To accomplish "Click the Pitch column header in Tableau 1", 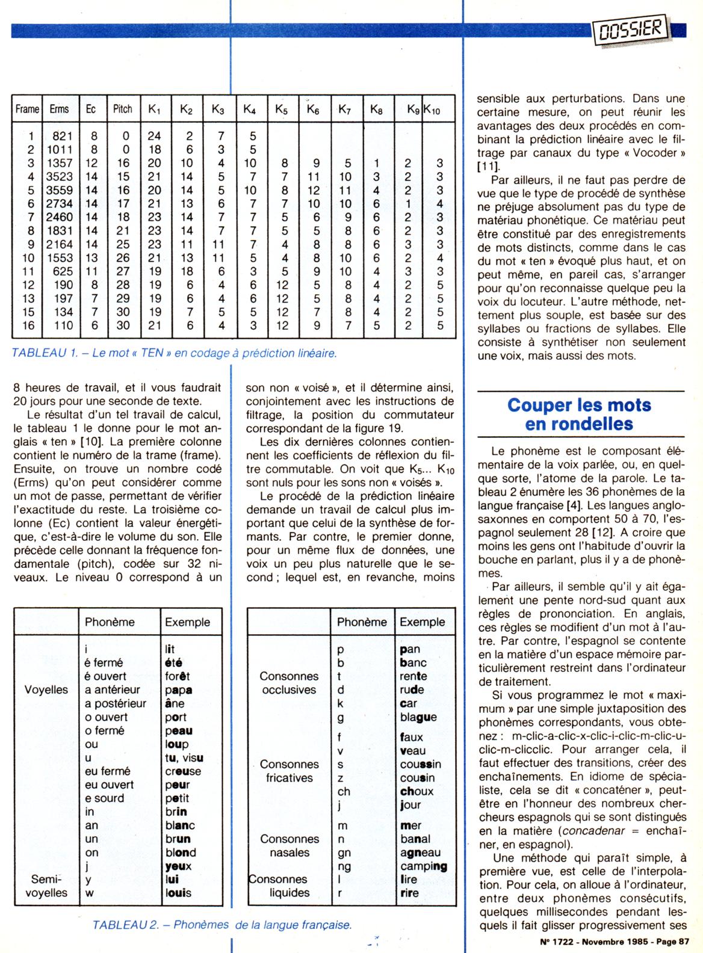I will pos(123,109).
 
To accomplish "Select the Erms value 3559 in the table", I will pos(59,190).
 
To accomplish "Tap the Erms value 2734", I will pos(59,204).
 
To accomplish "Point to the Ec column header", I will pos(91,109).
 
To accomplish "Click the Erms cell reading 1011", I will pos(59,150).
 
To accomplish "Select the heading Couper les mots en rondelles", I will pos(579,414).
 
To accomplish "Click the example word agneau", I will pos(420,853).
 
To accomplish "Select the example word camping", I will pos(424,866).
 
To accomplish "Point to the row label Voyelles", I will pos(46,689).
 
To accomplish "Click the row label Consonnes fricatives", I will pos(290,771).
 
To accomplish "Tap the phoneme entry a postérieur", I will pos(116,703).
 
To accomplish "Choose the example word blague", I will pos(418,717).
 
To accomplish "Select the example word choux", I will pos(417,791).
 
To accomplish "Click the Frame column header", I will pos(27,109).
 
